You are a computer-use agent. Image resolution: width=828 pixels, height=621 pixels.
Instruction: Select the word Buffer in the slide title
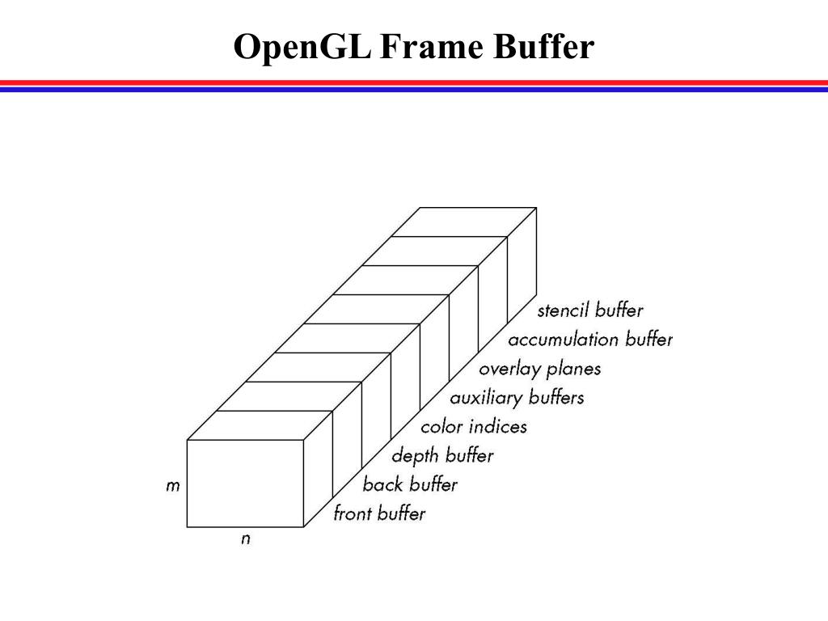tap(543, 48)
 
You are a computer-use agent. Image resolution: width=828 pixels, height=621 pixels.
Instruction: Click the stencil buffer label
tap(590, 310)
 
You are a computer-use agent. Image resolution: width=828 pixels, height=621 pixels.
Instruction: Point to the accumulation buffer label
tap(590, 340)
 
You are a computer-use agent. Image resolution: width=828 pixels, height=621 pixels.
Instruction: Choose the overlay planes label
tap(540, 369)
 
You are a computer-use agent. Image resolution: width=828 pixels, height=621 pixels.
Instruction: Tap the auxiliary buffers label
tap(517, 398)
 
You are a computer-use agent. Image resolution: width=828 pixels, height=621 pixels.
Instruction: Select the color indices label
tap(474, 426)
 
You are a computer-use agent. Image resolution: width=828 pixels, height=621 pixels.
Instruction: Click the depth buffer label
tap(442, 455)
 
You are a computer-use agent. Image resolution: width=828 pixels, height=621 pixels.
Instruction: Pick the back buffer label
tap(410, 484)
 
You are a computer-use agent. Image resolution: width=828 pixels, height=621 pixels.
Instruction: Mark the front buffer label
tap(379, 513)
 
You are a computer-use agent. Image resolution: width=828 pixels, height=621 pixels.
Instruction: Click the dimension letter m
tap(172, 487)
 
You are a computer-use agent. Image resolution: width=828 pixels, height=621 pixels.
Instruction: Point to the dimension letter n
tap(246, 539)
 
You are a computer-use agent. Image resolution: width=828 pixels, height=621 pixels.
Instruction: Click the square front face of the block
tap(245, 483)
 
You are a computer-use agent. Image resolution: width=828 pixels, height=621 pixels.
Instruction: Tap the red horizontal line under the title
tap(414, 82)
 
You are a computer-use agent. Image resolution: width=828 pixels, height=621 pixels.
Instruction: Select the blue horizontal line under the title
tap(414, 90)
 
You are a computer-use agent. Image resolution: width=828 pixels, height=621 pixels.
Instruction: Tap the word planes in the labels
tap(573, 370)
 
